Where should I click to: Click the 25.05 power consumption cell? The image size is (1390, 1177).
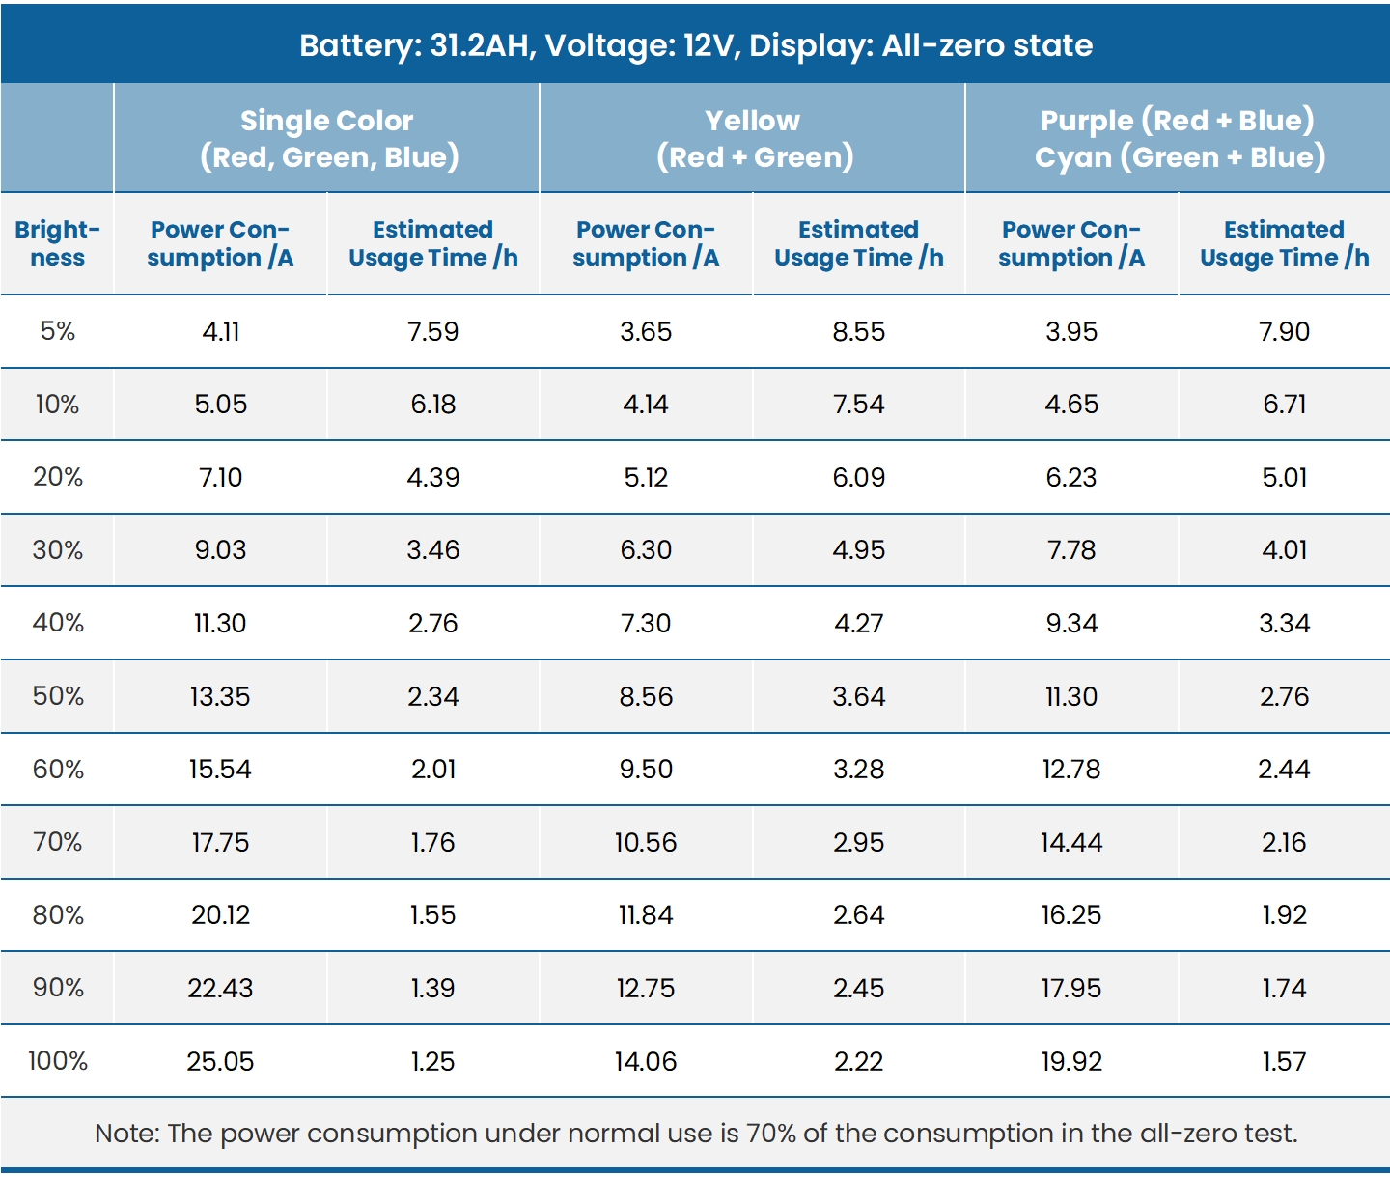(x=220, y=1061)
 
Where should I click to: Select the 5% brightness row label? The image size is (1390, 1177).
(x=58, y=331)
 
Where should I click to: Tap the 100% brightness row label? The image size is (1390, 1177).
(x=58, y=1061)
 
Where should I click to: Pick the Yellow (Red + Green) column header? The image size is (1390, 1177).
(x=753, y=138)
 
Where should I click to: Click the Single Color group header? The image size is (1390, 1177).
(x=327, y=138)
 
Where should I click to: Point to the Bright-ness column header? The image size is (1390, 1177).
(x=58, y=243)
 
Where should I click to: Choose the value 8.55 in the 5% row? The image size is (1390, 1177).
(x=858, y=331)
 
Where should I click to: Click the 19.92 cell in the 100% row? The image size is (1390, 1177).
(x=1071, y=1061)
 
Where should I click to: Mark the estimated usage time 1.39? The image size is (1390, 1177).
(x=432, y=988)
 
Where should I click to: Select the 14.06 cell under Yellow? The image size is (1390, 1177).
(x=646, y=1061)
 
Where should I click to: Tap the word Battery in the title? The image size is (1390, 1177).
(x=351, y=45)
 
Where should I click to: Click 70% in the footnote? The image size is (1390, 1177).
(x=771, y=1133)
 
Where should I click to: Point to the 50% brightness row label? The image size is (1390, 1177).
(x=58, y=696)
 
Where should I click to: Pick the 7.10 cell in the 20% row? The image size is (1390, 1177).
(x=220, y=477)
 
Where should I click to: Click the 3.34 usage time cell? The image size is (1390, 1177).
(x=1284, y=623)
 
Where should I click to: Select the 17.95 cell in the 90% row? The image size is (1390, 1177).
(x=1071, y=988)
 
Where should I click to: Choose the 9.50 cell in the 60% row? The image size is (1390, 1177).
(x=646, y=769)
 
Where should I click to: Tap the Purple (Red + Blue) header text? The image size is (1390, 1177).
(x=1178, y=121)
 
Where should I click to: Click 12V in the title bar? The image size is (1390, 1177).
(x=709, y=45)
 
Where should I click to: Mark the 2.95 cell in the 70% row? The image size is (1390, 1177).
(x=858, y=842)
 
